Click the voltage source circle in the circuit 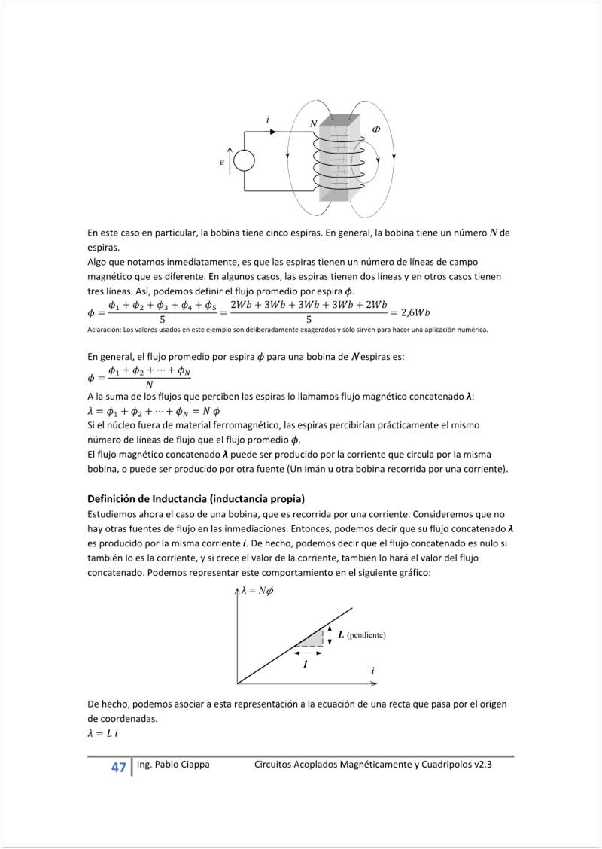[x=244, y=160]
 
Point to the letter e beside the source [x=222, y=161]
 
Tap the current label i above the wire [x=269, y=119]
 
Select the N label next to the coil [x=313, y=123]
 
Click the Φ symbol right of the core [x=376, y=129]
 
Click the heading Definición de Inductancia [x=196, y=499]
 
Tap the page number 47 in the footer [x=118, y=768]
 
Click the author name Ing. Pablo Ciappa [x=173, y=765]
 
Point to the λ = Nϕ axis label [x=257, y=591]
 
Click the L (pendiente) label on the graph [x=362, y=634]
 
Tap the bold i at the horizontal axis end [x=372, y=671]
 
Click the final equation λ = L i [x=103, y=734]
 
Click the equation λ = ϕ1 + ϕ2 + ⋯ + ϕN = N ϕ [x=154, y=411]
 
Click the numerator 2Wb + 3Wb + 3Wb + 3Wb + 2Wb [x=309, y=305]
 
